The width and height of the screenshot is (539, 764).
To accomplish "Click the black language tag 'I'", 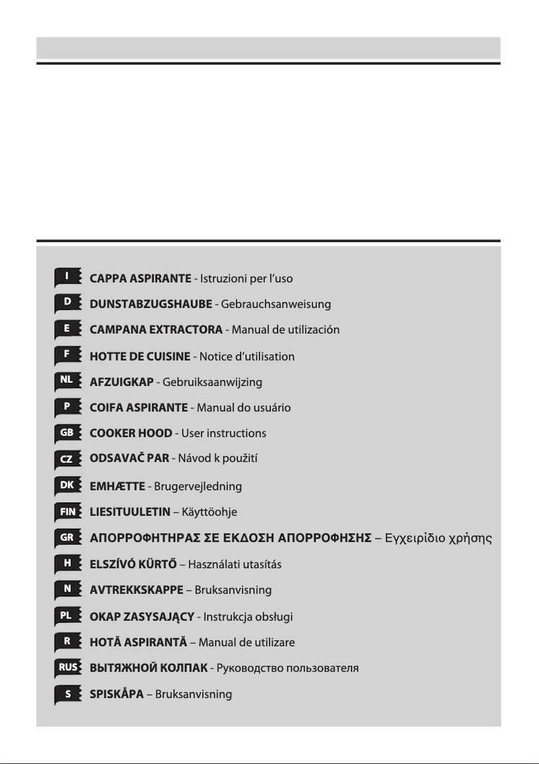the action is (x=67, y=278).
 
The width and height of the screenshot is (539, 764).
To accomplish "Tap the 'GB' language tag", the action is (x=67, y=433).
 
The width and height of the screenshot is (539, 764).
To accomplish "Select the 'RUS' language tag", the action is (x=67, y=668).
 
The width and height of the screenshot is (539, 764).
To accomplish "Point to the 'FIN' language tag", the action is (x=67, y=512).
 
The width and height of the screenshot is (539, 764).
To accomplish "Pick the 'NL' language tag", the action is (x=67, y=381).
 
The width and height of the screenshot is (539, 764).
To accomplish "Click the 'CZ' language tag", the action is (x=67, y=459).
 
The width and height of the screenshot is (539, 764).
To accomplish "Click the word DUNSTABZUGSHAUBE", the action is (x=151, y=304).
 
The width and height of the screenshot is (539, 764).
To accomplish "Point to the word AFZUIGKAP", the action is (x=122, y=382).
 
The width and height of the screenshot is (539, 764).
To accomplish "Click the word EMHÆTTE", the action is (x=117, y=486).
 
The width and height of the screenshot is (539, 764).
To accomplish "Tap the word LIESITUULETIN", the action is (x=130, y=512).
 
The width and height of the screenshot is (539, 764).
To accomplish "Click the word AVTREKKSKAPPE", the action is (x=136, y=590).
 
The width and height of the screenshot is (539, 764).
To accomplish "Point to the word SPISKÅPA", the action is (x=116, y=694).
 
